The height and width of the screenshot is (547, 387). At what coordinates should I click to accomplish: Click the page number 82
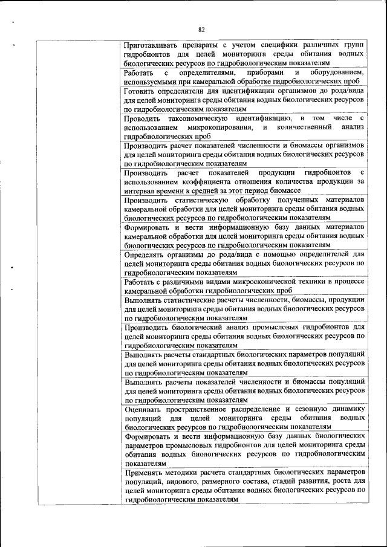[x=201, y=28]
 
